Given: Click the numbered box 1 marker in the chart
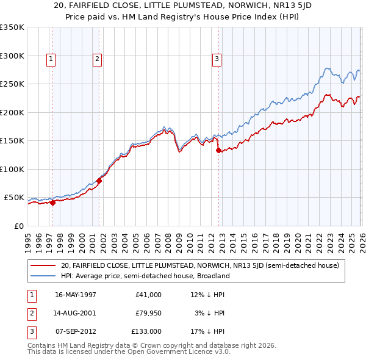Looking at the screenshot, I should pyautogui.click(x=50, y=59).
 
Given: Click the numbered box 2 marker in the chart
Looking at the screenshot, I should pyautogui.click(x=97, y=59).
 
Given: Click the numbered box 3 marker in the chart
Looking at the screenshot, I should pyautogui.click(x=216, y=59).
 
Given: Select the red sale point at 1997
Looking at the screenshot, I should pyautogui.click(x=53, y=203).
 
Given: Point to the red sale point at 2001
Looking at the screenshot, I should pyautogui.click(x=99, y=181).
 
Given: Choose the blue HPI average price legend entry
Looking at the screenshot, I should pyautogui.click(x=145, y=276).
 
